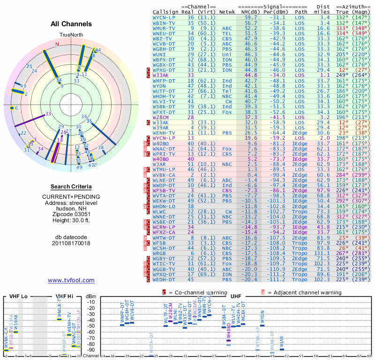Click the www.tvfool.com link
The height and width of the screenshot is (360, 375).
71,280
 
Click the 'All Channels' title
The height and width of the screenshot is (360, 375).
71,24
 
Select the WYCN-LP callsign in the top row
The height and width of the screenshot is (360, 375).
165,17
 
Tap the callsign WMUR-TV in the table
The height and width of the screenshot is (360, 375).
165,28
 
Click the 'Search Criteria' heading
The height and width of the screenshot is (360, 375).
71,187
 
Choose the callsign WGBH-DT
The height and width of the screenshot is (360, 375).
165,49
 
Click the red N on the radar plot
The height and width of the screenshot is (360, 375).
57,45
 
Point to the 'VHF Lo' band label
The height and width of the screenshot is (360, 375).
18,296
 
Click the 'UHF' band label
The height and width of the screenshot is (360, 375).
235,296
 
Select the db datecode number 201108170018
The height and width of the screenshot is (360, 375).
71,243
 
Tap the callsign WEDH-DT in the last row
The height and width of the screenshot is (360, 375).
165,279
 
